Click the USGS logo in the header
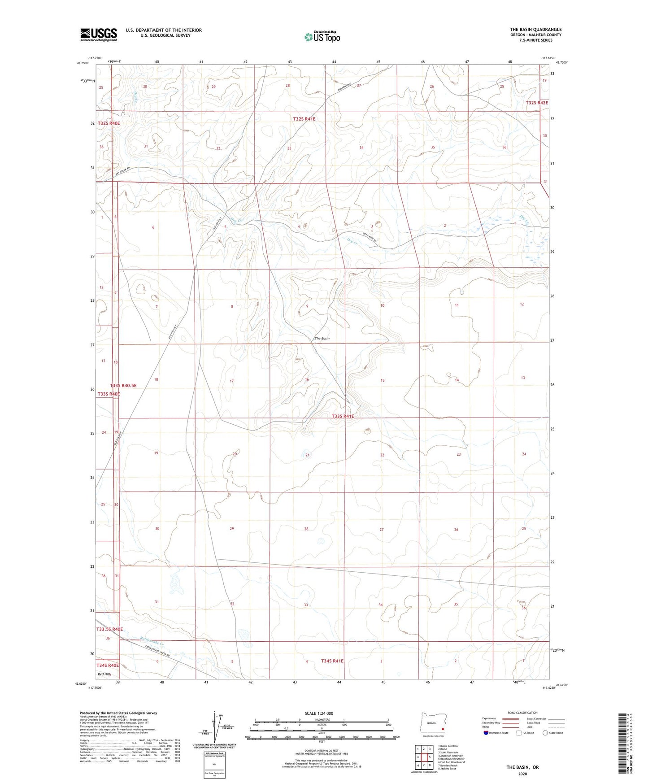point(98,35)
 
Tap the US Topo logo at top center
point(322,36)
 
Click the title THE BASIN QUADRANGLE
point(535,30)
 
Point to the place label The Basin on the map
point(322,339)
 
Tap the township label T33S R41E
point(343,416)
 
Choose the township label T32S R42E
point(536,103)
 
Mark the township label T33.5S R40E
point(109,629)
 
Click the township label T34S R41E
point(332,661)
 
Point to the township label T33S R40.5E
point(123,385)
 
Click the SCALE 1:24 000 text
point(319,713)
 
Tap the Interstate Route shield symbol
point(487,733)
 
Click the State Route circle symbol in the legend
point(545,733)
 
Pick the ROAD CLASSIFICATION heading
point(522,713)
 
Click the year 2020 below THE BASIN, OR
point(522,774)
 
